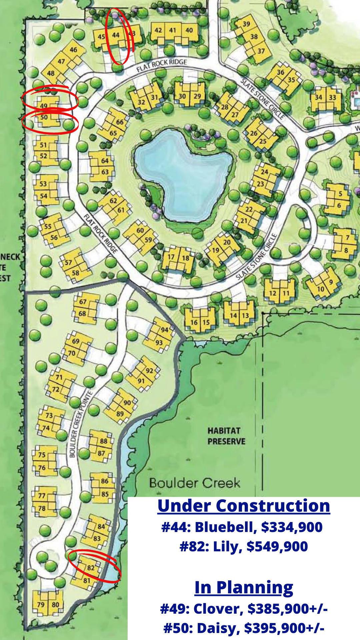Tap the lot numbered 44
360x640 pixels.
pyautogui.click(x=116, y=35)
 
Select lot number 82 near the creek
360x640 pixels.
pyautogui.click(x=91, y=567)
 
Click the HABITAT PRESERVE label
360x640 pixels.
pyautogui.click(x=226, y=436)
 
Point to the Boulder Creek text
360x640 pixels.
pyautogui.click(x=195, y=483)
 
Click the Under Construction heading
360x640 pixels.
pyautogui.click(x=244, y=506)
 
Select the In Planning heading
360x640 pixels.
pyautogui.click(x=244, y=587)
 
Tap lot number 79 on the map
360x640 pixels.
pyautogui.click(x=41, y=605)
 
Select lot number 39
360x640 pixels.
pyautogui.click(x=246, y=24)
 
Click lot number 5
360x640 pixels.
pyautogui.click(x=340, y=193)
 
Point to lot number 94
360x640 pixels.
pyautogui.click(x=165, y=330)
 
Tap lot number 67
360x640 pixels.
pyautogui.click(x=83, y=302)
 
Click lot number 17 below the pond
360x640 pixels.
pyautogui.click(x=171, y=257)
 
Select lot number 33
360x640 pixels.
pyautogui.click(x=332, y=97)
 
